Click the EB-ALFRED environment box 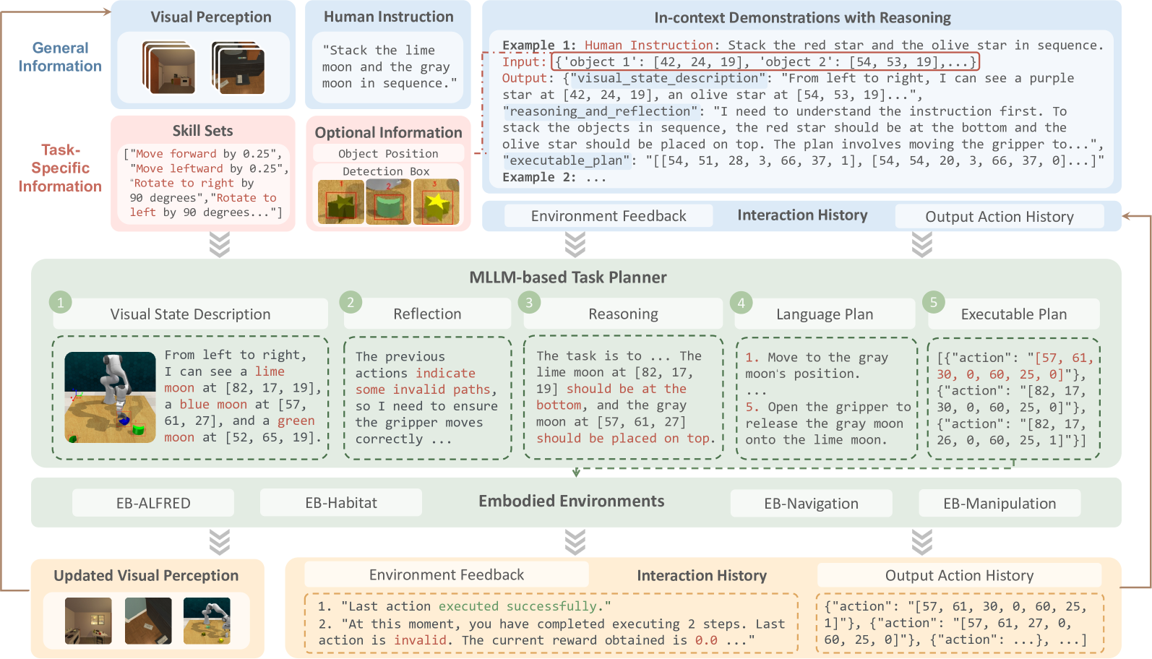pos(153,503)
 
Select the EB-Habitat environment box pos(341,503)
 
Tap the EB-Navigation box pos(811,503)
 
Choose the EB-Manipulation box pos(1000,503)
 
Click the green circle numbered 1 pos(61,303)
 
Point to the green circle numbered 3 pos(529,302)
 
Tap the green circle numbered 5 pos(934,302)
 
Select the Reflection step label pos(427,314)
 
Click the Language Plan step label pos(825,314)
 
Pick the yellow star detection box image pos(436,202)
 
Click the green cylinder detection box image pos(388,202)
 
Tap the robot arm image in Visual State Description pos(110,397)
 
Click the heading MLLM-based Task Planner pos(568,277)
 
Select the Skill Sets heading pos(202,131)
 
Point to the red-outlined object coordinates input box pos(765,61)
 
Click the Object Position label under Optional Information pos(388,153)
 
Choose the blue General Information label pos(60,56)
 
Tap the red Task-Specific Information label pos(60,168)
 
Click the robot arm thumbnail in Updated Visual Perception pos(207,621)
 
